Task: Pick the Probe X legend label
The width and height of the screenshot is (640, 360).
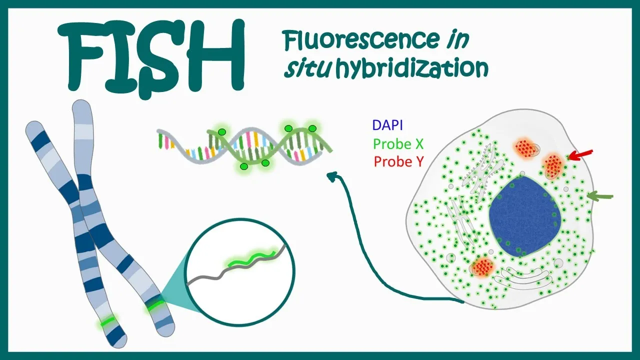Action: (398, 144)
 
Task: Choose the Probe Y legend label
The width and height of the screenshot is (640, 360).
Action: (398, 161)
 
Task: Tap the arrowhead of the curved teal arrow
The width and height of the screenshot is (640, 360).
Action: (331, 175)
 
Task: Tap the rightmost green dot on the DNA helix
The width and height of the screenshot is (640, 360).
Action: (312, 129)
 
